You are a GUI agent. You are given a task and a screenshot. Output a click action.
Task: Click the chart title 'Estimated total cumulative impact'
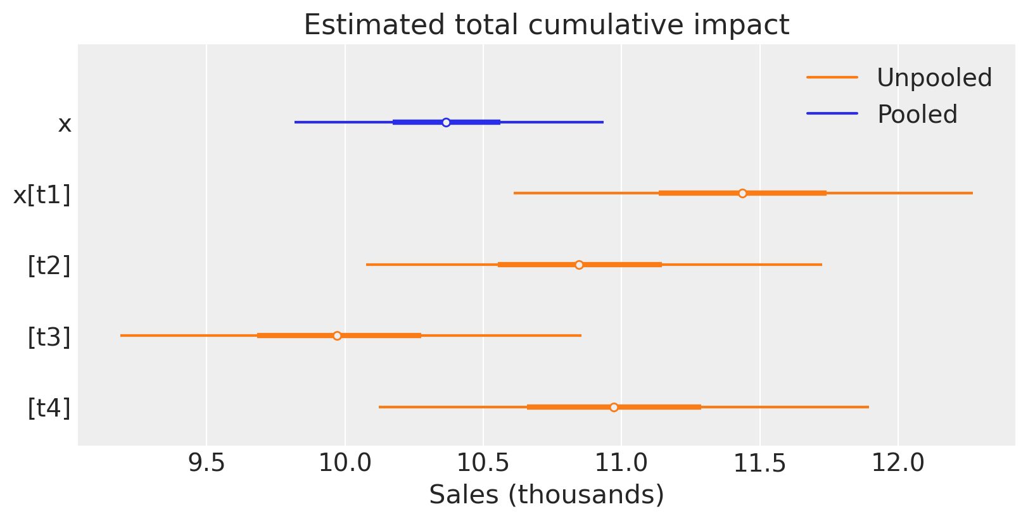[x=546, y=25]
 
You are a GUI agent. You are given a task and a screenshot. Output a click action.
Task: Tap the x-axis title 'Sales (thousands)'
[x=546, y=495]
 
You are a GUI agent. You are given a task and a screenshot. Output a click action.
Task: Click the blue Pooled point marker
[x=446, y=122]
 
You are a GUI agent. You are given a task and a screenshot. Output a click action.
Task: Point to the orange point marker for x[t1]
[x=742, y=193]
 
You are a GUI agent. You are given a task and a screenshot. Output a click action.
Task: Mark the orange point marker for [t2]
[x=579, y=265]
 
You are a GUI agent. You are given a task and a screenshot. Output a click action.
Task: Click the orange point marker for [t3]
[x=337, y=336]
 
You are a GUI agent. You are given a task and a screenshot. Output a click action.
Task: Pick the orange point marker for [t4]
[x=614, y=407]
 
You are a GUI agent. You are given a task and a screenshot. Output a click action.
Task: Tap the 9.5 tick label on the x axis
[x=207, y=463]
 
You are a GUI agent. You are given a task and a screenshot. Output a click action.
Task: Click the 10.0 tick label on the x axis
[x=345, y=463]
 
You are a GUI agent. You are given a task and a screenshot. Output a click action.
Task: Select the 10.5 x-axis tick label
[x=483, y=463]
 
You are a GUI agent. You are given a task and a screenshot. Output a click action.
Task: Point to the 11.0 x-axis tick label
[x=622, y=463]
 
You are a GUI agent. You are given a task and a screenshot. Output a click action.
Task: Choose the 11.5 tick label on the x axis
[x=760, y=463]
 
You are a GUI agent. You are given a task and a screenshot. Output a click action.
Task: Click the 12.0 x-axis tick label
[x=898, y=463]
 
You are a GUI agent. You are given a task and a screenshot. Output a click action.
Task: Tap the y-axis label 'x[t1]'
[x=42, y=195]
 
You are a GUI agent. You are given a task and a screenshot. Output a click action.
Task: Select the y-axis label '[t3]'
[x=49, y=337]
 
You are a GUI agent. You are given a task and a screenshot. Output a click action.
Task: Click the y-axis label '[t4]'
[x=49, y=408]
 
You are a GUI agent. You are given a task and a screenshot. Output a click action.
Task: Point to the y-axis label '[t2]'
[x=49, y=266]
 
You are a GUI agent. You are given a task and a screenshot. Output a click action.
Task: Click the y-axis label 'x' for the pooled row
[x=65, y=124]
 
